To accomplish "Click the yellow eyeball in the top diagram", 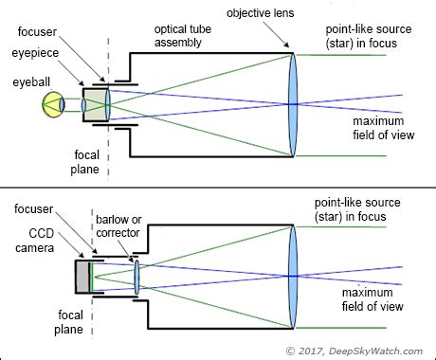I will click(x=54, y=103).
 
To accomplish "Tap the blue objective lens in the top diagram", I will click(x=294, y=103).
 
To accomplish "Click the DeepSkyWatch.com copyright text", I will click(x=360, y=350).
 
